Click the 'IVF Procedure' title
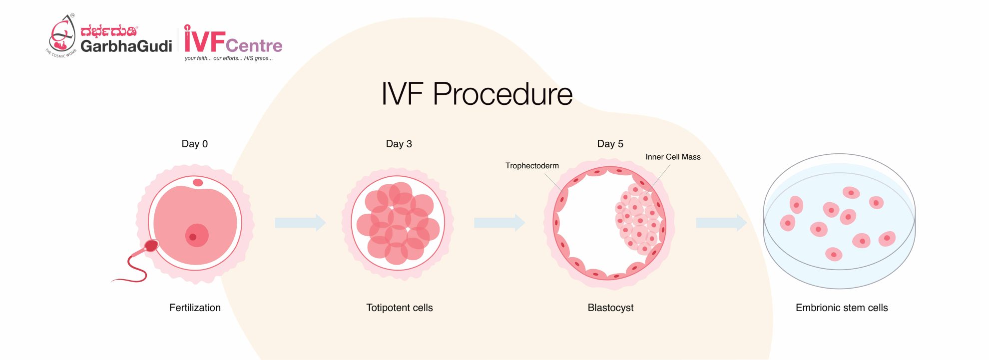[477, 94]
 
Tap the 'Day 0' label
[194, 144]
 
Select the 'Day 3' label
[399, 144]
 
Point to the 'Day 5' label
[610, 144]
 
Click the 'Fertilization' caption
[195, 308]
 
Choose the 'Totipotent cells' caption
[399, 308]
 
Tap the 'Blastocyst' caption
[610, 308]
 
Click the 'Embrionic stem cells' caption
[842, 308]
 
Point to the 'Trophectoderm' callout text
[532, 166]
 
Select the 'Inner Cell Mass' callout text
[673, 157]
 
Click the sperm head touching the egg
[151, 246]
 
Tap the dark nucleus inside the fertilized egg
[193, 237]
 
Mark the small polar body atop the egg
[198, 183]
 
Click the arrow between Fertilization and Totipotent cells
[300, 223]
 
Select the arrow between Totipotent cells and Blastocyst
[499, 223]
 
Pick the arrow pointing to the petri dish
[721, 223]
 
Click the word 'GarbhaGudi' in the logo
[126, 46]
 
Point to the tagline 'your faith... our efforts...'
[228, 58]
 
